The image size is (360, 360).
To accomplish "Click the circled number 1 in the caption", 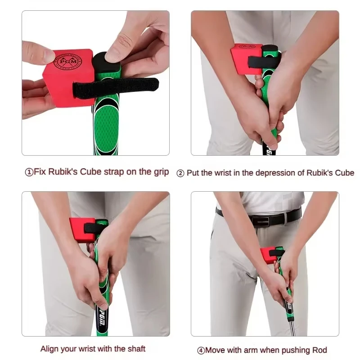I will tap(28, 172).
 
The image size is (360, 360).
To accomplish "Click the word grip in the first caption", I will tap(160, 171).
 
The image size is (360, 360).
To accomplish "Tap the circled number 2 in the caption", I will tap(180, 173).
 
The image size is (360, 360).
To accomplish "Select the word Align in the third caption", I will tap(49, 349).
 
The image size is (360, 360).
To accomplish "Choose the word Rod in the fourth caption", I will tap(319, 350).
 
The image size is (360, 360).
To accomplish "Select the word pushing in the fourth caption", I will tap(295, 350).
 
